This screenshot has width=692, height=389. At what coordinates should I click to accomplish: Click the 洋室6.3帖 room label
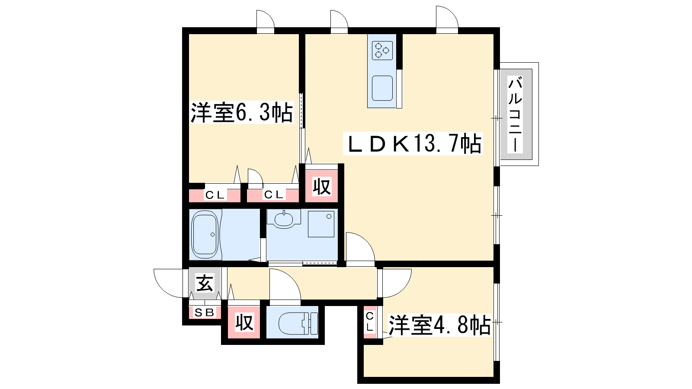242,113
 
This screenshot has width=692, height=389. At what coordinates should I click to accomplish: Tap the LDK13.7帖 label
413,143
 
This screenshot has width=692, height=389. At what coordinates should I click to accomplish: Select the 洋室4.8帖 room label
439,325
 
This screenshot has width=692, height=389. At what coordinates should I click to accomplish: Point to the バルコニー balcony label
515,114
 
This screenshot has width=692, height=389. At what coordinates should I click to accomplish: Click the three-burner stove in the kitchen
382,50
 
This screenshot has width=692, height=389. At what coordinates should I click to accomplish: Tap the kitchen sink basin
382,88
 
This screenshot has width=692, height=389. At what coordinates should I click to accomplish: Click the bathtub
205,234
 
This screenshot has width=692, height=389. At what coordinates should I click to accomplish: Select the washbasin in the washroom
284,219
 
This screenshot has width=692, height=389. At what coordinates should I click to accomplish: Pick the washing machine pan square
321,224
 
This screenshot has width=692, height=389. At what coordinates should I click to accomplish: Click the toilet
298,323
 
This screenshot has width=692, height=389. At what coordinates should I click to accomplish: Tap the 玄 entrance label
205,284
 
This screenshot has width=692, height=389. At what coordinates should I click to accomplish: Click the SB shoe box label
205,312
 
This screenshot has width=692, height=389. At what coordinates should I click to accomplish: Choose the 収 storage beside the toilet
244,322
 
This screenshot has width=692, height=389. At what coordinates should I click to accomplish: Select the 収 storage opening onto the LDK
322,186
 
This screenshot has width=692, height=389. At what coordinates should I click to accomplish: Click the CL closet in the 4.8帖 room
370,322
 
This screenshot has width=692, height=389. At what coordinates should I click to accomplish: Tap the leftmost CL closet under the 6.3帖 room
215,195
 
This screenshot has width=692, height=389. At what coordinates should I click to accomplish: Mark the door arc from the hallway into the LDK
365,240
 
